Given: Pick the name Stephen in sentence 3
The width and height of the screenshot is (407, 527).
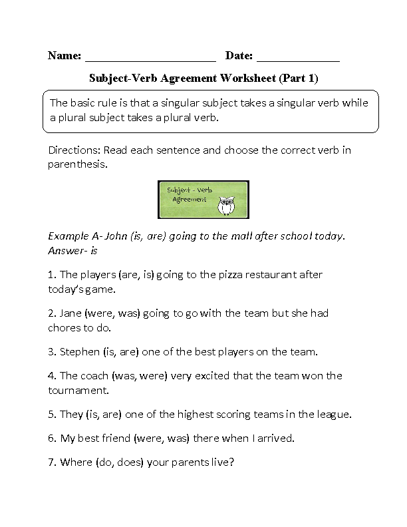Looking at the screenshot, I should [x=78, y=352].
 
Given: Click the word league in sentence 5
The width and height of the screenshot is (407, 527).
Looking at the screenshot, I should [x=335, y=415].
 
